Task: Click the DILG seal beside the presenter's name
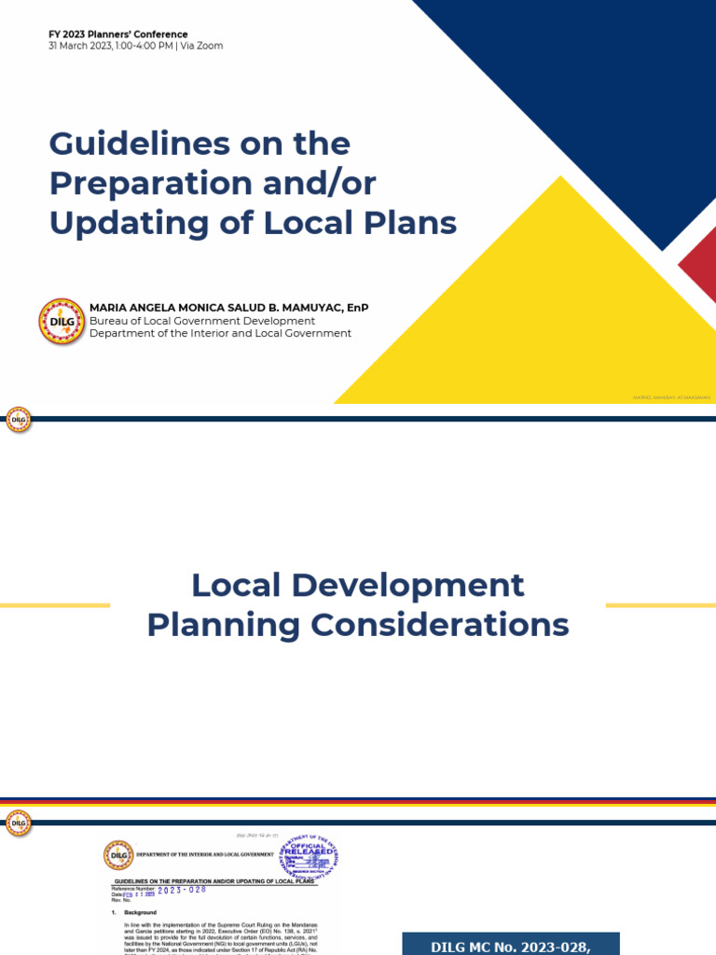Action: click(x=62, y=321)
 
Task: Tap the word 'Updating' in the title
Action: click(x=117, y=224)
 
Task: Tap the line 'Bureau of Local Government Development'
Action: click(x=202, y=321)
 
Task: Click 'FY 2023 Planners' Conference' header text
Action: click(x=118, y=35)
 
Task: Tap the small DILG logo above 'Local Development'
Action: click(x=19, y=421)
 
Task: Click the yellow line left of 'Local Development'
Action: click(x=55, y=605)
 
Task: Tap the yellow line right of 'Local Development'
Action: click(x=660, y=605)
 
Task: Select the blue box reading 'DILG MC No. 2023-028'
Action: click(x=511, y=944)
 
